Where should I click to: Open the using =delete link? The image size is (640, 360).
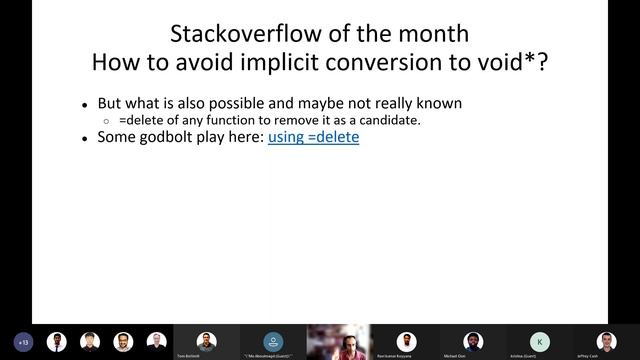313,138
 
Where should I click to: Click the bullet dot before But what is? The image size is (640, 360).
85,104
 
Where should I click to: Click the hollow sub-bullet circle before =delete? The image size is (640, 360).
108,121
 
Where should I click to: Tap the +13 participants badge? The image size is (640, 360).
25,341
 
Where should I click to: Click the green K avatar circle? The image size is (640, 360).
540,340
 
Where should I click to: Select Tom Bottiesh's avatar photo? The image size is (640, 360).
206,340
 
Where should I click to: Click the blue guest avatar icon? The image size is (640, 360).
272,340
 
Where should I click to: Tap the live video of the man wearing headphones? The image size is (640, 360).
339,341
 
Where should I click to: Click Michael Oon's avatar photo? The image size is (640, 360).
473,340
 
